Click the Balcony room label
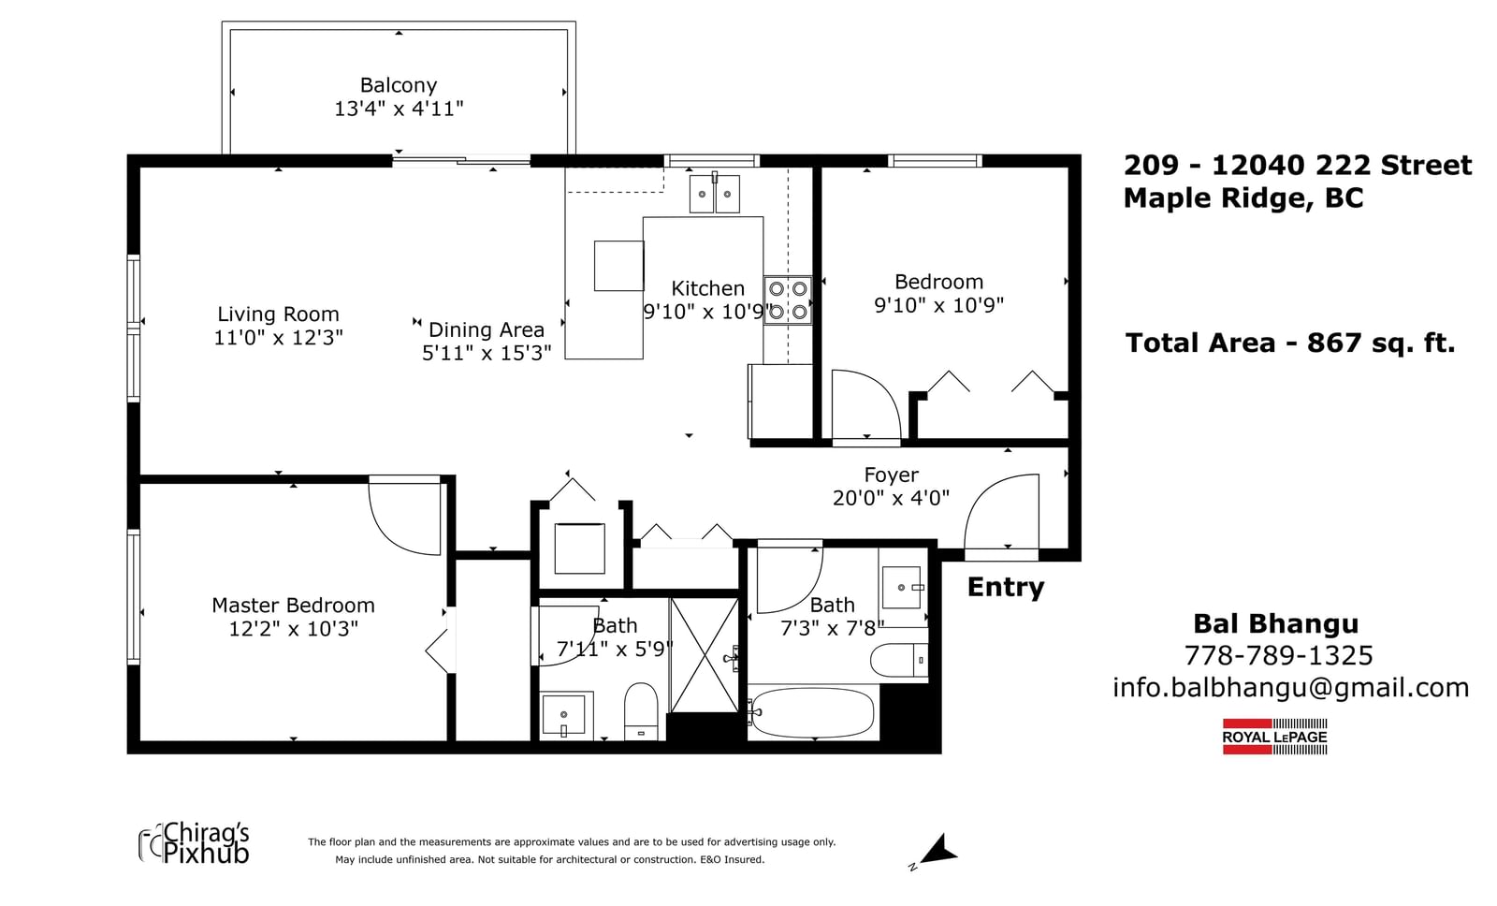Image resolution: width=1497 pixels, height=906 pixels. pos(399,85)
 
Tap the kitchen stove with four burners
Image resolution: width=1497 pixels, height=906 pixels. pos(788,300)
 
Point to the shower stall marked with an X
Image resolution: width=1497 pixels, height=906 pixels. pos(705,655)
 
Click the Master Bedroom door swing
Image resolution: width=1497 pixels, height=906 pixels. pos(405,516)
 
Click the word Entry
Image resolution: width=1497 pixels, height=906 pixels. pos(1005,587)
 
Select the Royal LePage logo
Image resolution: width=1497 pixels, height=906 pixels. pos(1274,737)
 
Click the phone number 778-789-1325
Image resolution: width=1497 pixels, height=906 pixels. pos(1278,655)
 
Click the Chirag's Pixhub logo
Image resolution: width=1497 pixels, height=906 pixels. pos(194,842)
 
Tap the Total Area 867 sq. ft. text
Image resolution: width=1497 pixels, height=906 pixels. pos(1290,343)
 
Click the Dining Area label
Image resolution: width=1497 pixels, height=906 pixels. pos(486,329)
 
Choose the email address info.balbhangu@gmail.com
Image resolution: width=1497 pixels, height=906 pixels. pos(1290,687)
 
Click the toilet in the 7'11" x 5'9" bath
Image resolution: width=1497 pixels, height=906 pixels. pos(641,711)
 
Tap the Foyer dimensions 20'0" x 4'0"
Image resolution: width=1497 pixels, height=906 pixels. pos(891,498)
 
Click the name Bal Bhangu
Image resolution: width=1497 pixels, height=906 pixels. pos(1276,624)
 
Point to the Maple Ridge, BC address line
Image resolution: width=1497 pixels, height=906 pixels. pos(1243,198)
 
